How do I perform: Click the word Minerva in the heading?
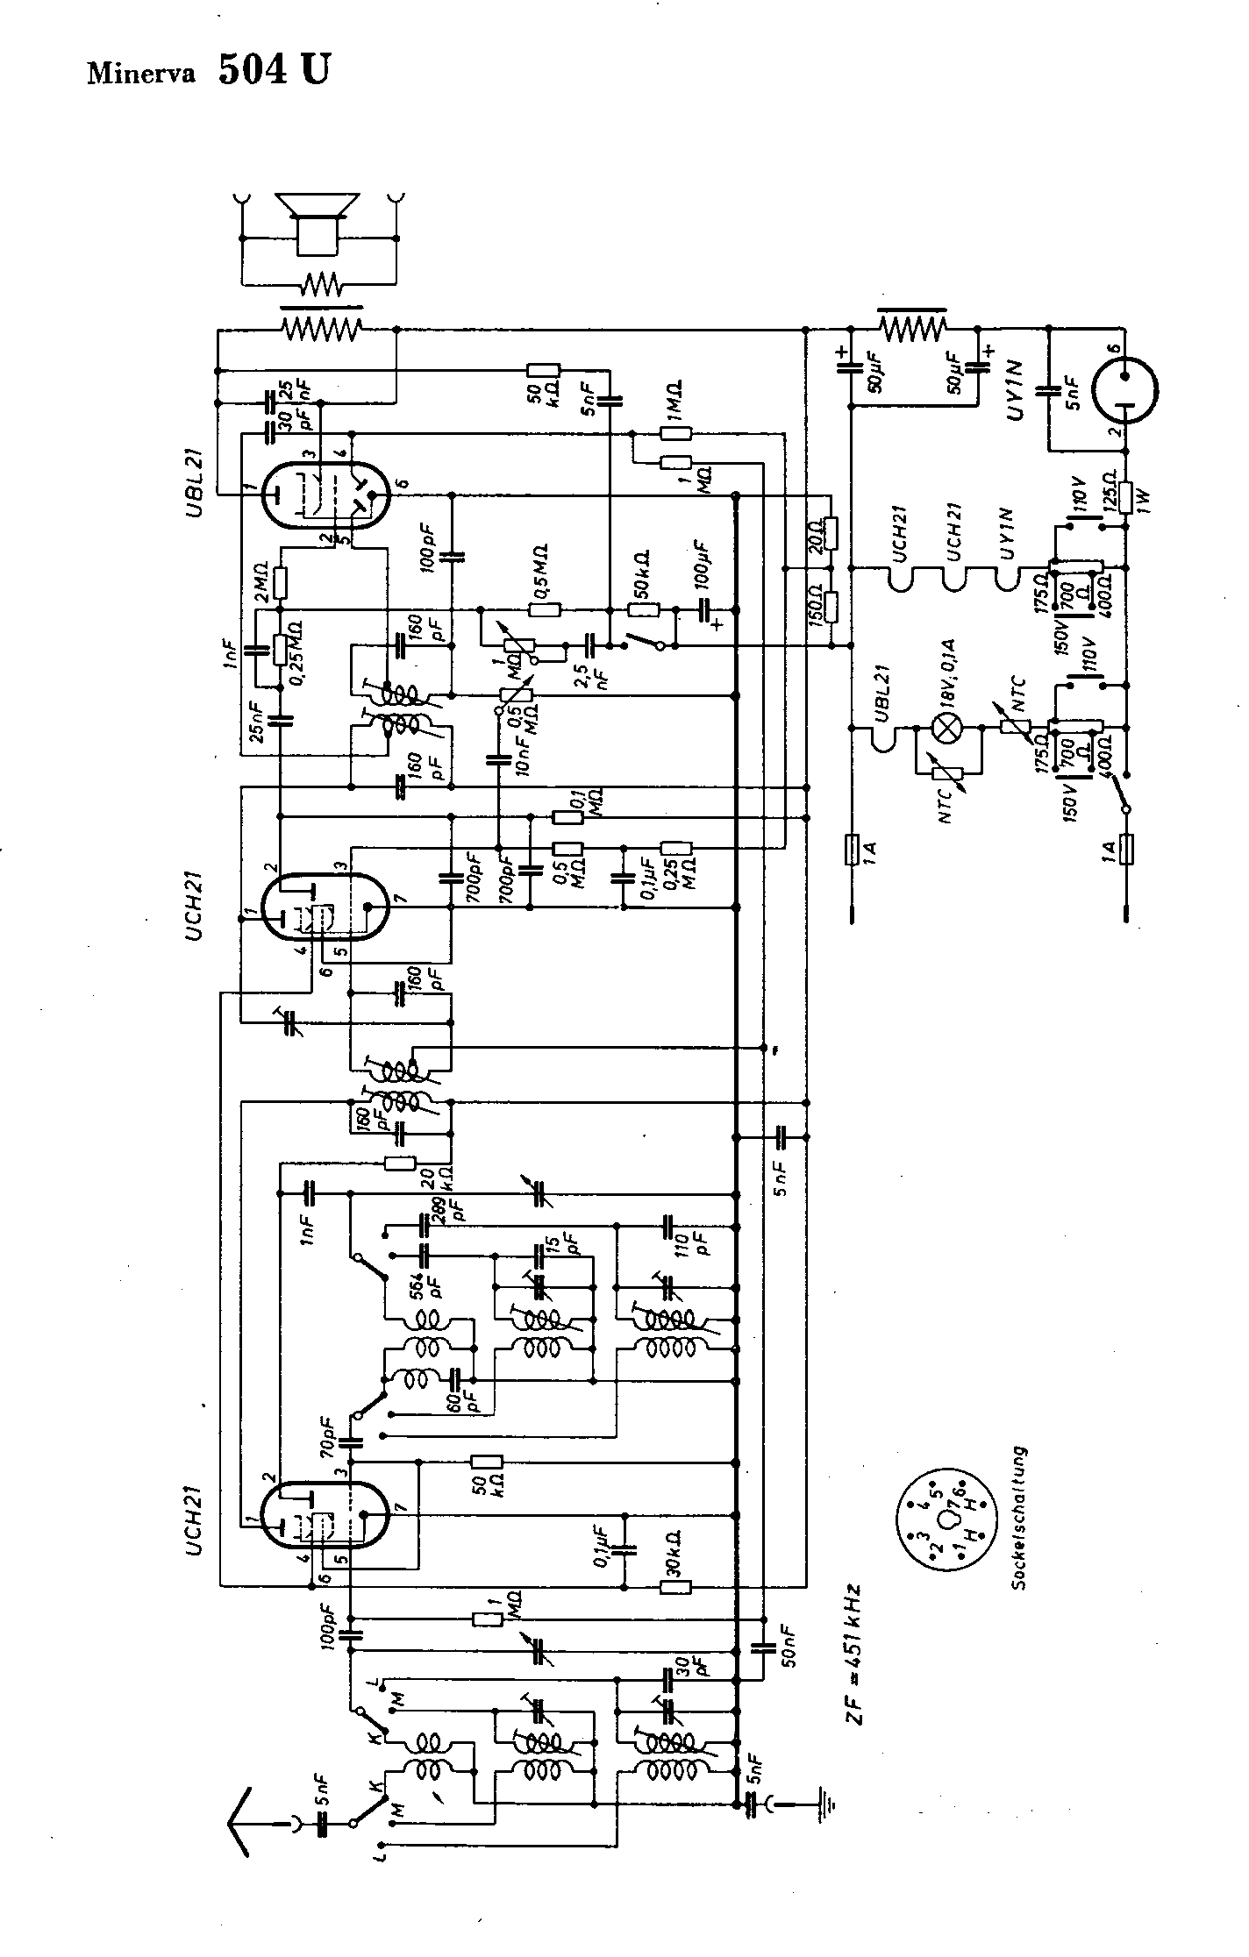[143, 72]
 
